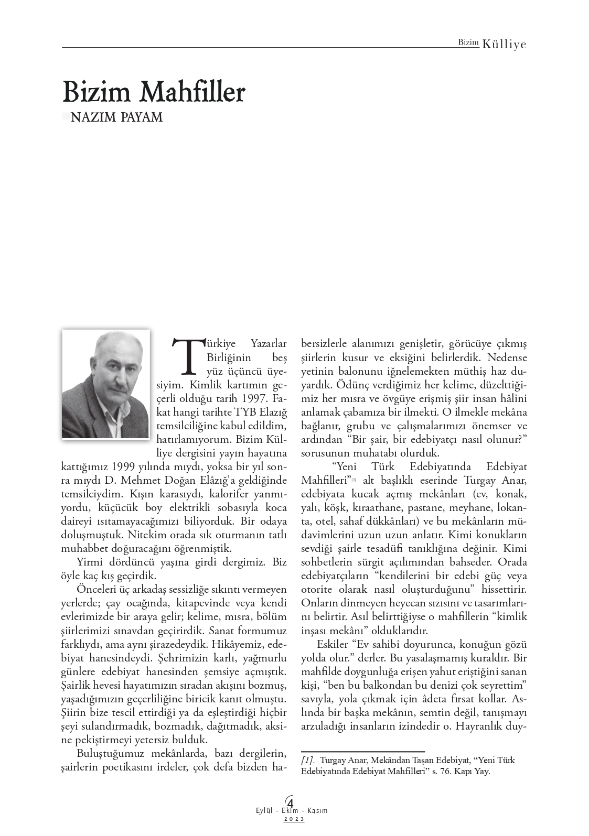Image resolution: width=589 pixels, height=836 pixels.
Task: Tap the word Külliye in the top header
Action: click(504, 45)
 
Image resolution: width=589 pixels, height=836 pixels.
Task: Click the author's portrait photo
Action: click(106, 384)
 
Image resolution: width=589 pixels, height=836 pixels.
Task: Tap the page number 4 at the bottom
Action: click(290, 802)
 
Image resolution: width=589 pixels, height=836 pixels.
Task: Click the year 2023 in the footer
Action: click(294, 819)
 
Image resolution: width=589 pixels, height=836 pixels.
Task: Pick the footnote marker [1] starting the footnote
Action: click(308, 760)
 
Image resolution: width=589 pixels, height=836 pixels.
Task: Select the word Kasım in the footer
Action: click(317, 810)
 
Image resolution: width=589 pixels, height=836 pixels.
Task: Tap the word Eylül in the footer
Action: click(262, 810)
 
